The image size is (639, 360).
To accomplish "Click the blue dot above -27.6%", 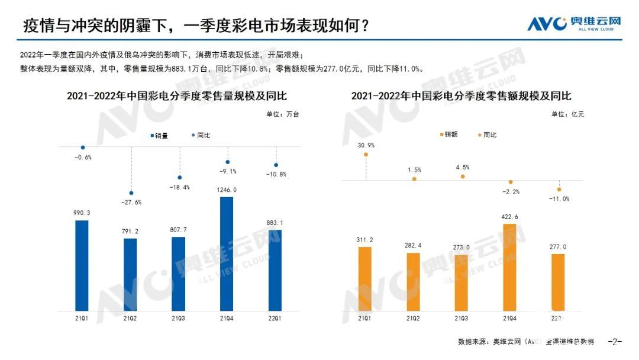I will (131, 193).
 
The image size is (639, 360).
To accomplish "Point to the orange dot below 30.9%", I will (366, 155).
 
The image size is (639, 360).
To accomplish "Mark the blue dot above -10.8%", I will (276, 165).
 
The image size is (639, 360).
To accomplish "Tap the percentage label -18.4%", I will (179, 187).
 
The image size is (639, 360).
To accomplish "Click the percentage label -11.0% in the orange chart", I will (559, 199).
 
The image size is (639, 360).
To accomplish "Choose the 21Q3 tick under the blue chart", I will (179, 318).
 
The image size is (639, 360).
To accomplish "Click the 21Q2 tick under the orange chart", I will (414, 318).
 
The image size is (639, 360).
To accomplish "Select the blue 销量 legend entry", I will (159, 136).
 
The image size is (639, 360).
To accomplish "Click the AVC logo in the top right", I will (574, 23).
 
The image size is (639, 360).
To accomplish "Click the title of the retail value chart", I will (461, 96).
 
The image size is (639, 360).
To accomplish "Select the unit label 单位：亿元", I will (567, 115).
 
